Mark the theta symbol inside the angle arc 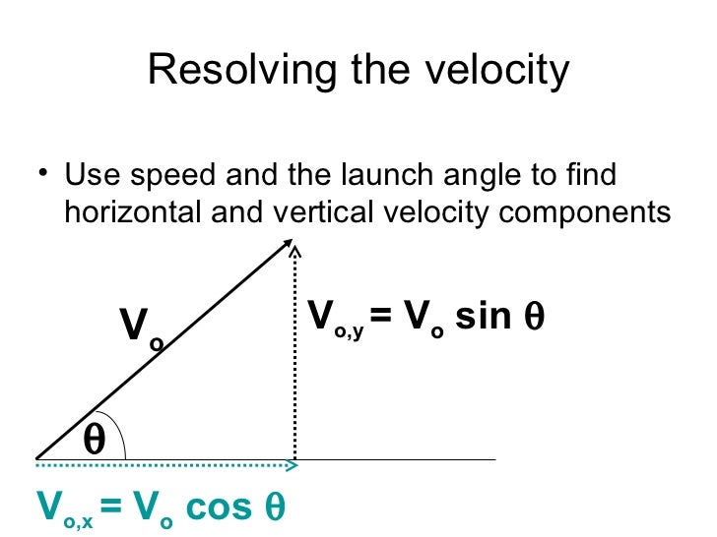tap(95, 439)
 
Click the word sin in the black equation tap(485, 317)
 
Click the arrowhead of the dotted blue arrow tap(293, 460)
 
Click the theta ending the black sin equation tap(536, 317)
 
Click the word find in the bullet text tap(595, 177)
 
